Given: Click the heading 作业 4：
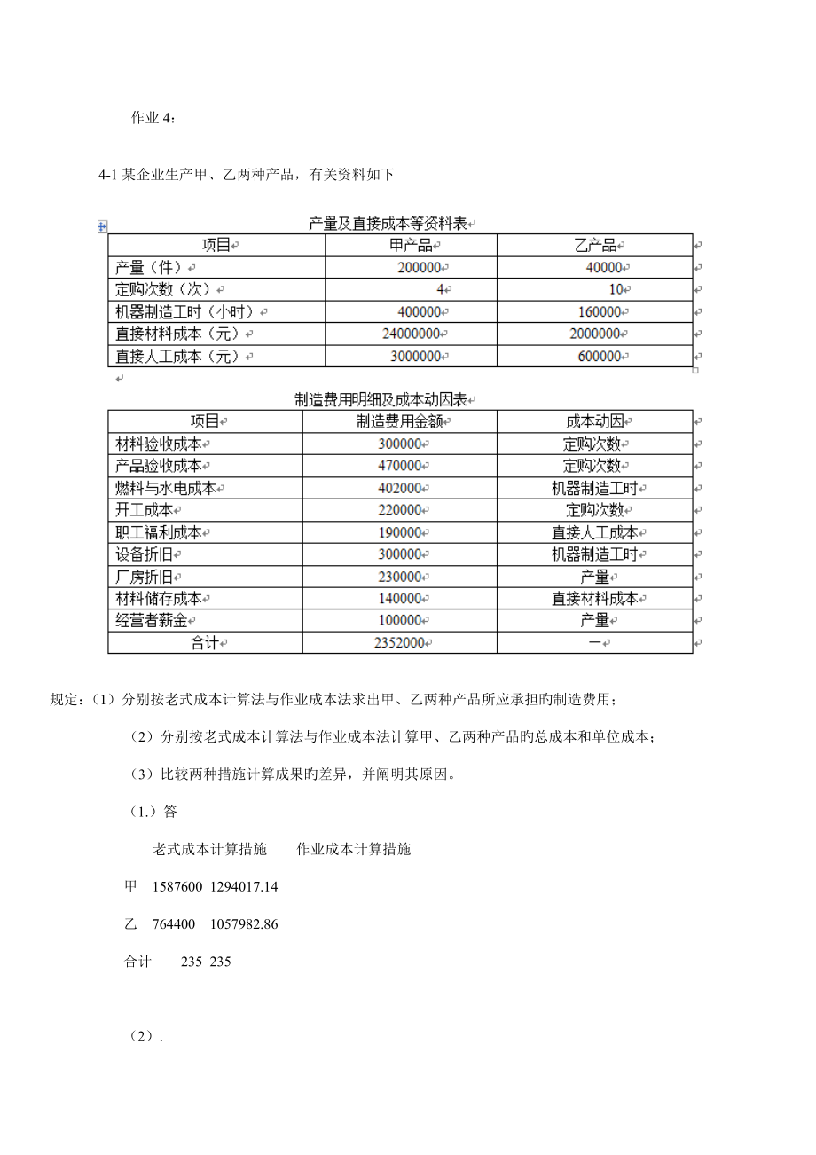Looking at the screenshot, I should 153,120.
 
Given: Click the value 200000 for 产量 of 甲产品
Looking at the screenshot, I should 420,267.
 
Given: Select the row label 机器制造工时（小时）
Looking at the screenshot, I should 185,311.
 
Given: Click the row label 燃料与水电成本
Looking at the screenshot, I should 167,488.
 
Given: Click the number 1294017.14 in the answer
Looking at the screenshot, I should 244,886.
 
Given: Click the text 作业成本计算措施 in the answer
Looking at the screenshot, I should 354,849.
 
